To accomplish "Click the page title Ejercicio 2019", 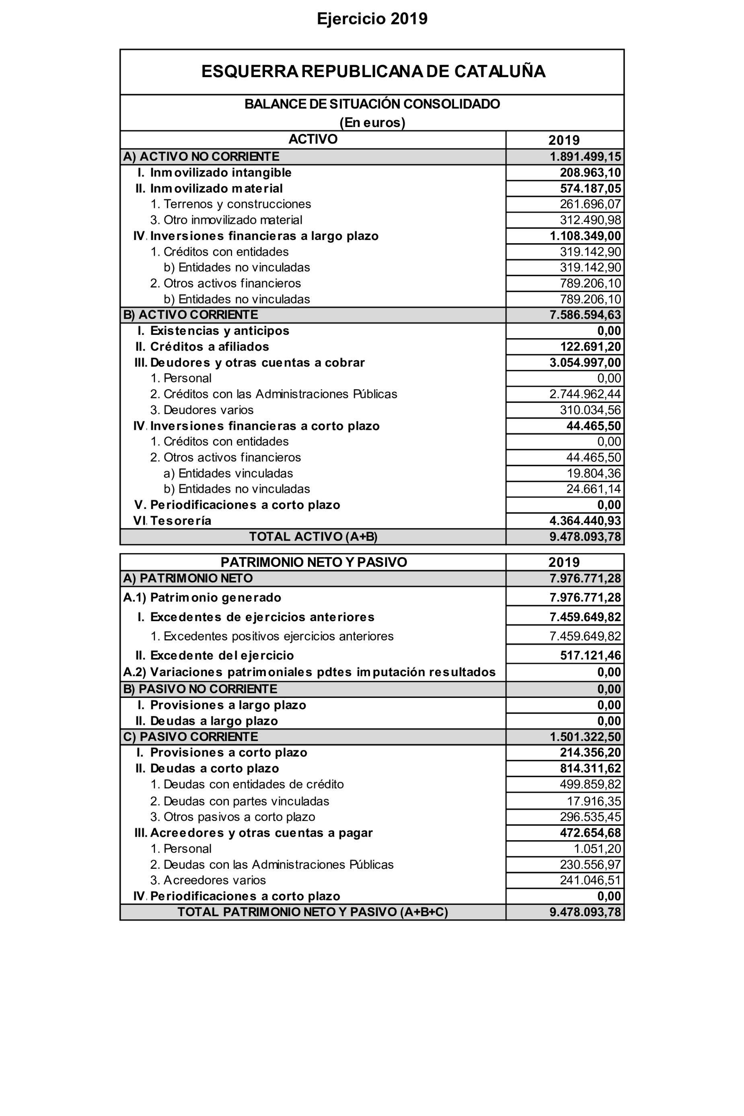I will [372, 19].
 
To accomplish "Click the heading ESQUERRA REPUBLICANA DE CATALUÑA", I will [373, 72].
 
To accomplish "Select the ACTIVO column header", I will [313, 139].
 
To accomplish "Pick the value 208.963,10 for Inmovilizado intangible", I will [590, 172].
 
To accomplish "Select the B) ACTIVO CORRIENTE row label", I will [190, 315].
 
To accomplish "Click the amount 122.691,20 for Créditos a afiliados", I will [590, 347].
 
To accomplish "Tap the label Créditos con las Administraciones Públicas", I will [280, 394].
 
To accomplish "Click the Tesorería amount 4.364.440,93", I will [585, 521].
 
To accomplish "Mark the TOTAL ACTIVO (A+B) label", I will [313, 537].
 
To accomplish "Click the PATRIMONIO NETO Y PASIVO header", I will [314, 562].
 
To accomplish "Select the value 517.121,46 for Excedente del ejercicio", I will [590, 655].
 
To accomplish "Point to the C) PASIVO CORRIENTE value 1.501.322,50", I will [585, 736].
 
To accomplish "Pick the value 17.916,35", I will [594, 801].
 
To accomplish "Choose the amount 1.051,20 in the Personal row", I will [597, 849].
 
